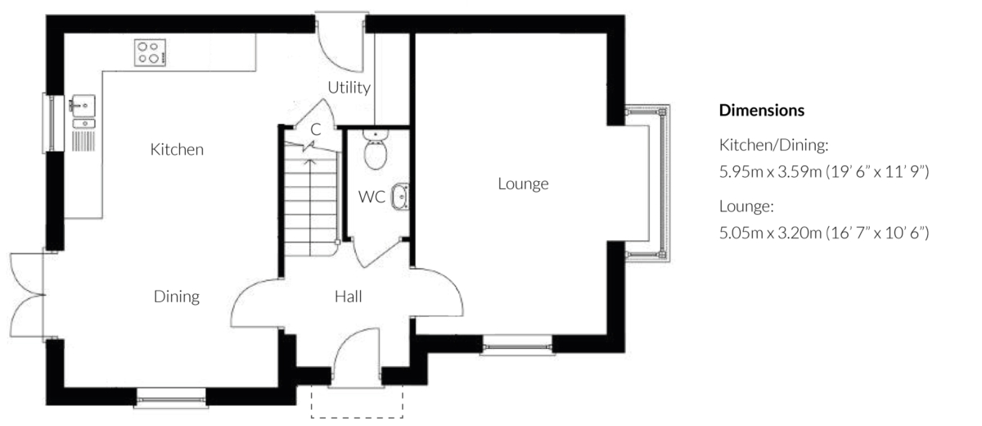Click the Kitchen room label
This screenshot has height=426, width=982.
pyautogui.click(x=177, y=150)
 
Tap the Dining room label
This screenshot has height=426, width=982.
pyautogui.click(x=177, y=297)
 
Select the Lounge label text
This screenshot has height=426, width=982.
pyautogui.click(x=523, y=184)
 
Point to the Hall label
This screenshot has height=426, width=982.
pyautogui.click(x=348, y=297)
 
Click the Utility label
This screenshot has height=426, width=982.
pyautogui.click(x=349, y=88)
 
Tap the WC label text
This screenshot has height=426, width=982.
pyautogui.click(x=372, y=197)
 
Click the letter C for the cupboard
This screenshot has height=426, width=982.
pyautogui.click(x=316, y=129)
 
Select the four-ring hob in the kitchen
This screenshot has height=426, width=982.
pyautogui.click(x=150, y=52)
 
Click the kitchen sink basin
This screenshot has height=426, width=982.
pyautogui.click(x=83, y=106)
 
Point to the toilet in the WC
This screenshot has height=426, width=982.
pyautogui.click(x=376, y=149)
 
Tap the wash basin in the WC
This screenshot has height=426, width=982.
pyautogui.click(x=400, y=196)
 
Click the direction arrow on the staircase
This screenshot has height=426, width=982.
pyautogui.click(x=310, y=207)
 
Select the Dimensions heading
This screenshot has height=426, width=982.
pyautogui.click(x=762, y=110)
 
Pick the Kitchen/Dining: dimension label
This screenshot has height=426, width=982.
pyautogui.click(x=774, y=145)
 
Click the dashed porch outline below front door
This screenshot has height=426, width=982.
pyautogui.click(x=357, y=417)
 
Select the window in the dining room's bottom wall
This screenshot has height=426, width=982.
pyautogui.click(x=171, y=399)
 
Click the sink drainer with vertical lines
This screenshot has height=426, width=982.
pyautogui.click(x=83, y=141)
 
